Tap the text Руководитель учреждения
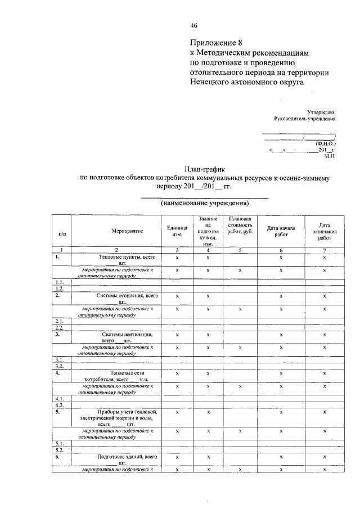(x=304, y=119)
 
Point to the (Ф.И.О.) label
(x=325, y=143)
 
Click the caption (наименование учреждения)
(x=204, y=203)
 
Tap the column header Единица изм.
(x=177, y=231)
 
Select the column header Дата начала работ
(x=281, y=231)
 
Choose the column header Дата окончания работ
(x=325, y=231)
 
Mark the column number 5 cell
(x=240, y=250)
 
